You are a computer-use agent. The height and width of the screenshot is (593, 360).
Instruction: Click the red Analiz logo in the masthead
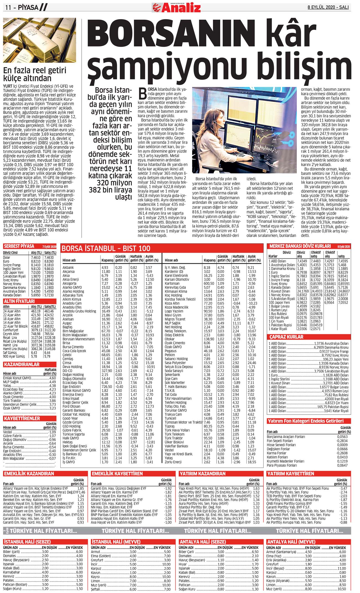176,7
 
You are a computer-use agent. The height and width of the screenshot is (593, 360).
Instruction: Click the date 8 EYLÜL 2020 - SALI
328,7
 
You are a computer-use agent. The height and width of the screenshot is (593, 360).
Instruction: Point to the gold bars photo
39,40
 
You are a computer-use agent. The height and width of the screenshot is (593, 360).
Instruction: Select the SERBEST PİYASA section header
19,246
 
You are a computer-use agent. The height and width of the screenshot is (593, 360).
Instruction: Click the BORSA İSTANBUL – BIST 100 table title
106,248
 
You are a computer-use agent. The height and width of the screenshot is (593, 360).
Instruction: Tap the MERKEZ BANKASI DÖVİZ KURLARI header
300,246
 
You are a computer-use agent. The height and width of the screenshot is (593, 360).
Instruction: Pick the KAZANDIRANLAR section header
22,364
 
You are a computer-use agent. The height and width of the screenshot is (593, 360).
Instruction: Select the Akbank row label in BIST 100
68,268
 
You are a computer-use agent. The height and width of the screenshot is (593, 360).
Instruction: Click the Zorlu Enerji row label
173,462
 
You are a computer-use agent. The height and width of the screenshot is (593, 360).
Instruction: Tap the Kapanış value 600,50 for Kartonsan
209,283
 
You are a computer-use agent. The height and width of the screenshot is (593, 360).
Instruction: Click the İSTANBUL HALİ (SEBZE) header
27,542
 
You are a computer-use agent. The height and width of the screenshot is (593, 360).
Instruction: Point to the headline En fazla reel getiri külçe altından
35,74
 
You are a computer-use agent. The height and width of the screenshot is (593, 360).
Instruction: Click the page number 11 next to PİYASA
8,7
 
